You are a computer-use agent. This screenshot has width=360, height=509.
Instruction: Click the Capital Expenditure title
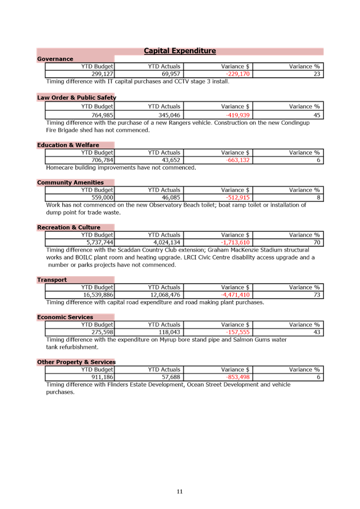(180, 51)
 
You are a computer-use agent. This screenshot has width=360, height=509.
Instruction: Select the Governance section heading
(55, 59)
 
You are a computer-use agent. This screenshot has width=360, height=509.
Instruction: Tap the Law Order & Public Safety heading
(76, 98)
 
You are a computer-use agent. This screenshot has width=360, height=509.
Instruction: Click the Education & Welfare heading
(68, 145)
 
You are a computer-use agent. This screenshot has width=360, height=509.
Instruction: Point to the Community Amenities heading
(70, 182)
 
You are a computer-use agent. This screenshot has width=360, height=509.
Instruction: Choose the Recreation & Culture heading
(68, 228)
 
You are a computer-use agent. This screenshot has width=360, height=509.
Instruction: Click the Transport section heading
(52, 280)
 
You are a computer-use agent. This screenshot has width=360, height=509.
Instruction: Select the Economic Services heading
(65, 317)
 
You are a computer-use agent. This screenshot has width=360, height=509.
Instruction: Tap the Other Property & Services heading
(76, 362)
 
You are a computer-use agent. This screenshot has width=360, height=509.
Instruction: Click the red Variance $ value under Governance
(237, 74)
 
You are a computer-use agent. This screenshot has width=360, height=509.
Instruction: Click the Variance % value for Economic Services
(317, 332)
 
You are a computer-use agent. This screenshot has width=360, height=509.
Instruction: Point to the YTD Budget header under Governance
(97, 67)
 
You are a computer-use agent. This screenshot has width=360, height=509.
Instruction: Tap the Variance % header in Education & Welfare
(305, 153)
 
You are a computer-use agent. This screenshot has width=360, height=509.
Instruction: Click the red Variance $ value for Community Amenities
(238, 197)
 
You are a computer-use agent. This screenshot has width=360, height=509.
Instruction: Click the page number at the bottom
(180, 491)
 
